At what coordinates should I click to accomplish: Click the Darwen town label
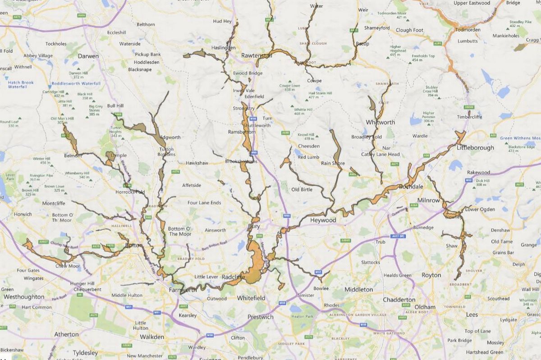coord(88,56)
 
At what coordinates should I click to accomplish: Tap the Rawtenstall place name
coord(257,55)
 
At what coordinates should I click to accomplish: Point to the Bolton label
coord(134,245)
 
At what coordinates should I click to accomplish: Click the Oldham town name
coord(425,307)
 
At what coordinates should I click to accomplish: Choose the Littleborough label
coord(475,147)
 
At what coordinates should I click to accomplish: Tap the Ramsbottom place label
coord(242,132)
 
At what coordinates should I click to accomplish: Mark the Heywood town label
coord(323,220)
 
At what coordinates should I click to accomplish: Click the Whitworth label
coord(381,122)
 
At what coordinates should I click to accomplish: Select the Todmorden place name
coord(468,29)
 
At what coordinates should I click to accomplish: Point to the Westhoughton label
coord(24,297)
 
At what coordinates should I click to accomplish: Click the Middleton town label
coord(358,289)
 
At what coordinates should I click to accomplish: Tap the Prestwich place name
coord(261,317)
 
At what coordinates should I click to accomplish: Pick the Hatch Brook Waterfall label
coord(21,84)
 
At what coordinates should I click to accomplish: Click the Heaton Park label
coord(302,317)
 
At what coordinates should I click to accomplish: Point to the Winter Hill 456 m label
coord(41,160)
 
